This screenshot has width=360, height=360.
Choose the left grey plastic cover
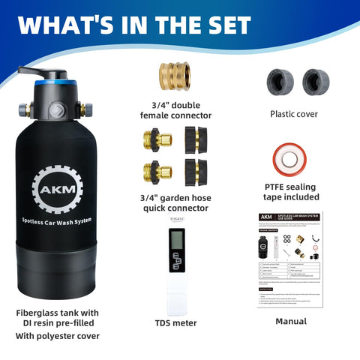coord(280,80)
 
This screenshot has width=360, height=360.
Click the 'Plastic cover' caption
coord(294,114)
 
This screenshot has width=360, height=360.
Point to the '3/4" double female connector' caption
coord(175,109)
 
